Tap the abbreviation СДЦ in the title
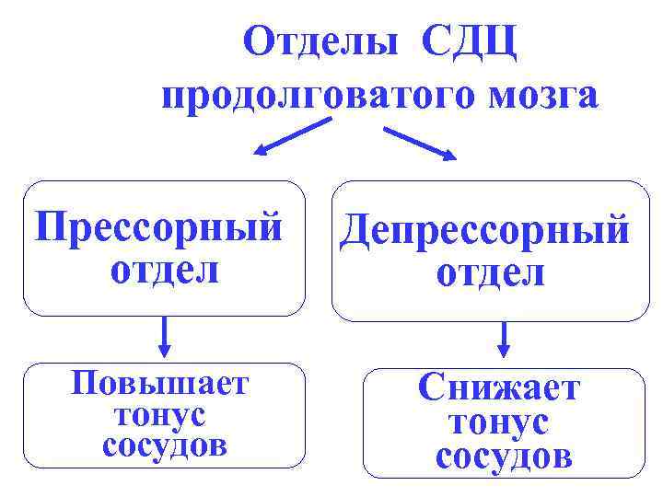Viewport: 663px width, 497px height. coord(471,42)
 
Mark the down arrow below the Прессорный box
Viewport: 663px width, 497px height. coord(164,337)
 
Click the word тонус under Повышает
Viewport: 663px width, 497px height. coord(159,414)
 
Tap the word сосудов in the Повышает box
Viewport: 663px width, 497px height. coord(164,446)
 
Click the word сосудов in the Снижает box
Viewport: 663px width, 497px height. coord(503,456)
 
